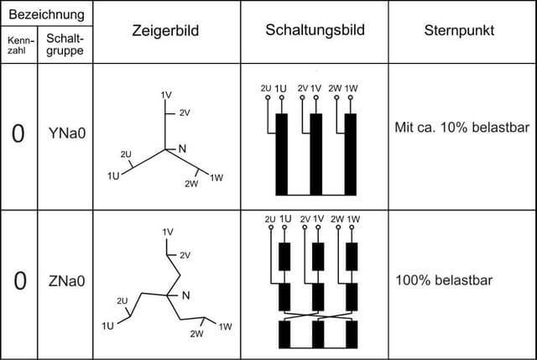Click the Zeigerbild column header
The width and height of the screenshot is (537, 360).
[165, 30]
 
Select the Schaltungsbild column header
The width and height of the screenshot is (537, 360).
[315, 30]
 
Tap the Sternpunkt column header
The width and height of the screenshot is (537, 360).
[459, 30]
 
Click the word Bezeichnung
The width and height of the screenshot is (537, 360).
[47, 14]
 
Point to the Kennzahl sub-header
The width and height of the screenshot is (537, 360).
[20, 45]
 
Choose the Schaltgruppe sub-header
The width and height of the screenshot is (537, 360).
[65, 44]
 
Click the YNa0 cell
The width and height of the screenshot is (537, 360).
[67, 133]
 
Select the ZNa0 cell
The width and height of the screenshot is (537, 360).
[67, 281]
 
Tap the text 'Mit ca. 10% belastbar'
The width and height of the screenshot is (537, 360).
[462, 128]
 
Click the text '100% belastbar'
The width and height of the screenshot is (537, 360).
[444, 280]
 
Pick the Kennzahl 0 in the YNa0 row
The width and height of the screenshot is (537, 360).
[18, 133]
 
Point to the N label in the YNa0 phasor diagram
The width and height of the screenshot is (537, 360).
[182, 149]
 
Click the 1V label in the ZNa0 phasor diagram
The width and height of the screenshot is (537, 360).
[168, 232]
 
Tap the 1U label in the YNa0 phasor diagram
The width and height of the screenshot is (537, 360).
[113, 176]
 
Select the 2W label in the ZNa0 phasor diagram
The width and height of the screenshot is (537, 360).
[196, 334]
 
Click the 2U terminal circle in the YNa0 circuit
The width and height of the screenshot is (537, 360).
[268, 97]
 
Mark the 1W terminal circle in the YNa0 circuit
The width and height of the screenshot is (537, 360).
[351, 97]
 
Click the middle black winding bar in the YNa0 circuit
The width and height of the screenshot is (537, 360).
[315, 154]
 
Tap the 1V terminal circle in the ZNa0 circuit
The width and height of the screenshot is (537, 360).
[318, 227]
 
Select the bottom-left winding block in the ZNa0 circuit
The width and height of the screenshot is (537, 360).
[284, 334]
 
